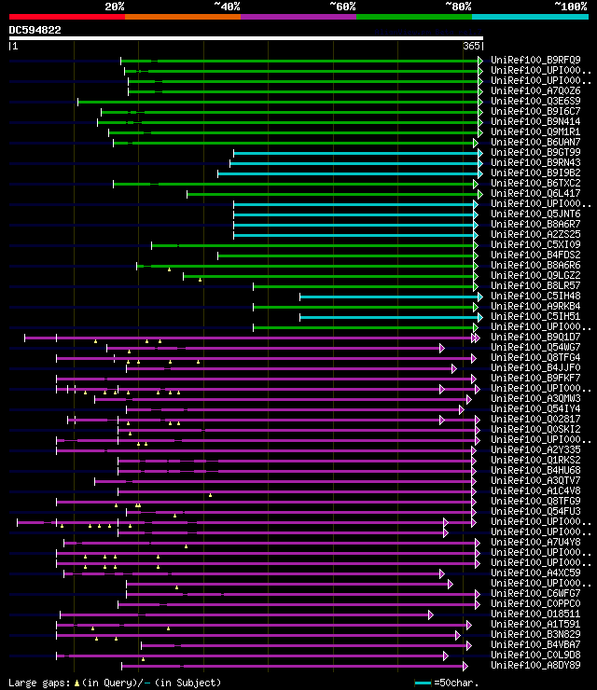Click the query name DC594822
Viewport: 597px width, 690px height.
[x=35, y=30]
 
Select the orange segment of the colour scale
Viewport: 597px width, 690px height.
[x=182, y=16]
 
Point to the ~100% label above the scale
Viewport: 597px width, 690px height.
[x=570, y=6]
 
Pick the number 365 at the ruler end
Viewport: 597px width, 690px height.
[x=471, y=46]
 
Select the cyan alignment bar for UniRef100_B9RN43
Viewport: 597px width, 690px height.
[x=354, y=163]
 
